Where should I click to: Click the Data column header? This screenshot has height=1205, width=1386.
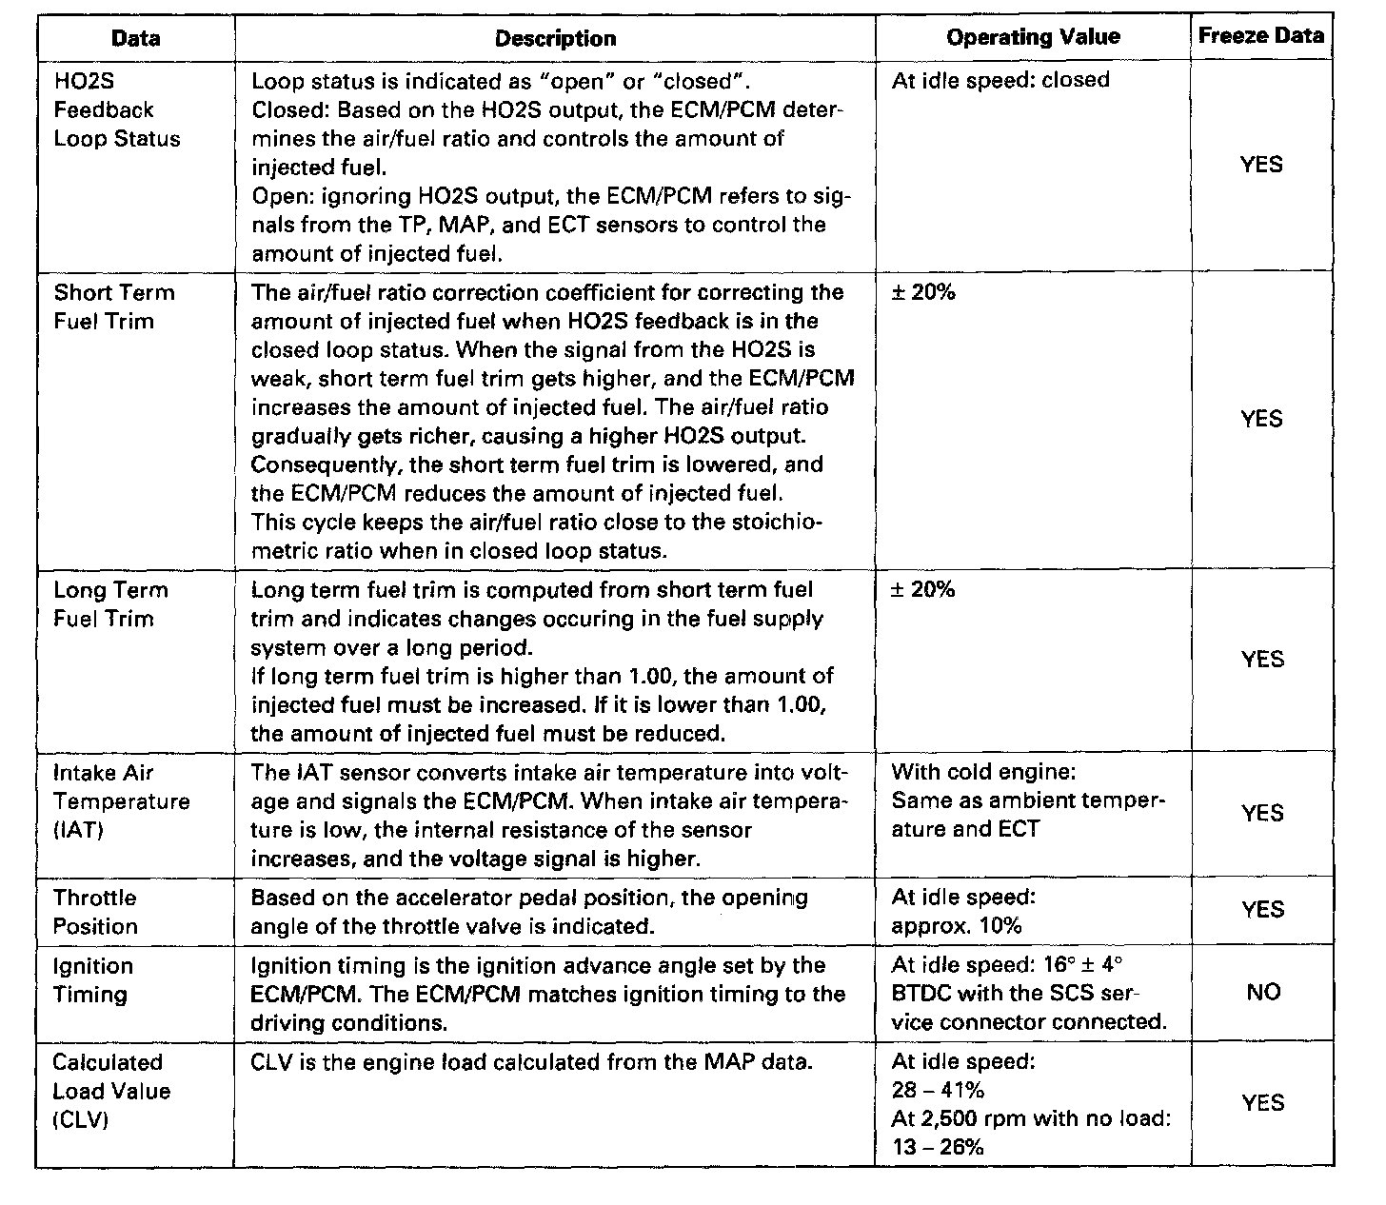(x=135, y=39)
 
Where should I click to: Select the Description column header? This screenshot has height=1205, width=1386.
(x=555, y=39)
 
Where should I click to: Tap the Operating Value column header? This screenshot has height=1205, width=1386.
(x=1033, y=37)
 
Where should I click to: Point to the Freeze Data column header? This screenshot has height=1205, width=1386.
(x=1260, y=36)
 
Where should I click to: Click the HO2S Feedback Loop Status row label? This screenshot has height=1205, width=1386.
(x=116, y=109)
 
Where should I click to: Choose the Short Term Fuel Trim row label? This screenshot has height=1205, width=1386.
(x=113, y=306)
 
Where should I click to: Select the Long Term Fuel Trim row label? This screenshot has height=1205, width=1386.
(x=111, y=604)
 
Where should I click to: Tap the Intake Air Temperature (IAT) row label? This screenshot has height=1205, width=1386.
(x=121, y=801)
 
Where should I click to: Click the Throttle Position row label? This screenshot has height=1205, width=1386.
(x=95, y=912)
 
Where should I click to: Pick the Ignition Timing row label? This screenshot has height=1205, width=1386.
(x=92, y=980)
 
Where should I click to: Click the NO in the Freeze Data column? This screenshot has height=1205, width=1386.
(x=1262, y=993)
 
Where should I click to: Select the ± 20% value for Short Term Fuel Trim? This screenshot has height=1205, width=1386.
(x=922, y=293)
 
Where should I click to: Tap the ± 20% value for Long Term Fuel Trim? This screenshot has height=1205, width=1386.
(x=922, y=590)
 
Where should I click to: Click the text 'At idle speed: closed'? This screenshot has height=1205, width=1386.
(x=1000, y=80)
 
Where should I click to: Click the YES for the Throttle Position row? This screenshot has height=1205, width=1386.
(x=1262, y=910)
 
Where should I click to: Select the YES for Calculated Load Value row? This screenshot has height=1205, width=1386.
(x=1262, y=1103)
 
